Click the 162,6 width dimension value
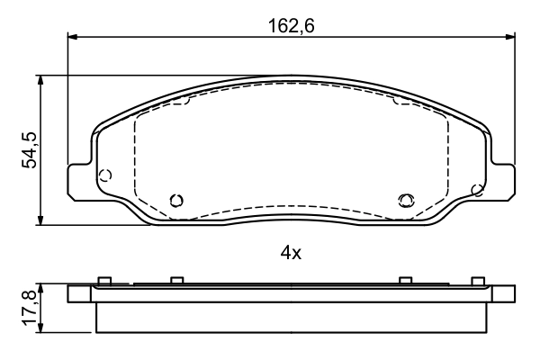291,26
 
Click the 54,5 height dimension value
30,150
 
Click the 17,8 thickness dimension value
30,309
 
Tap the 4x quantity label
291,254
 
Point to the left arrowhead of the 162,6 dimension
72,37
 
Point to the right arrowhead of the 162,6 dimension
510,37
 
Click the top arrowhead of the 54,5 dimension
41,80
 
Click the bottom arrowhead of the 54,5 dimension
41,220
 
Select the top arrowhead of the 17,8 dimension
41,289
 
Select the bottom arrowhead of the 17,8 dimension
41,328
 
